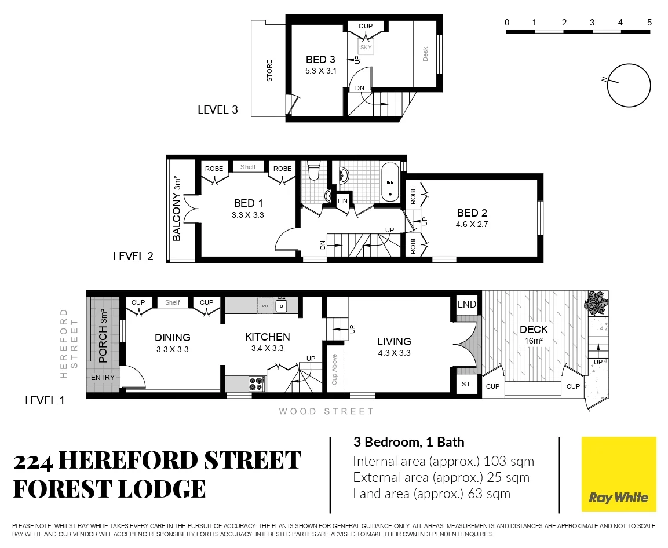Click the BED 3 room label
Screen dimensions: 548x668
coord(320,60)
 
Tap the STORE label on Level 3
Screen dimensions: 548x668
coord(269,71)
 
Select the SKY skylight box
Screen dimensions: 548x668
coord(366,48)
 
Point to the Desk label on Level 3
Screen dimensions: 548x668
coord(425,54)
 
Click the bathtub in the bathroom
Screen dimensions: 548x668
coord(390,182)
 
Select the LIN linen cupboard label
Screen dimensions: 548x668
coord(342,200)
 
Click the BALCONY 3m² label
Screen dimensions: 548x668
coord(177,209)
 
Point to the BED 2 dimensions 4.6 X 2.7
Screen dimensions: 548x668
coord(472,224)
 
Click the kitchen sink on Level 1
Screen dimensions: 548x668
coord(281,305)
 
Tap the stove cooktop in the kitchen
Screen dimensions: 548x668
coord(257,383)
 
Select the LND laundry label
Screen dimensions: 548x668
coord(466,304)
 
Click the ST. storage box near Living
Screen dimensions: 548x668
coord(466,385)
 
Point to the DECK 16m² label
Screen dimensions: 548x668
coord(534,334)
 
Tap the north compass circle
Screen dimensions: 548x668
coord(629,85)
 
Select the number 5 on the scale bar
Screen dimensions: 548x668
coord(649,23)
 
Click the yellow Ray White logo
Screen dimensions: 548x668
coord(618,474)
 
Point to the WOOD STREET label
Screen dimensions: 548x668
coord(326,411)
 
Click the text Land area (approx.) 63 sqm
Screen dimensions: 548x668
coord(432,494)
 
